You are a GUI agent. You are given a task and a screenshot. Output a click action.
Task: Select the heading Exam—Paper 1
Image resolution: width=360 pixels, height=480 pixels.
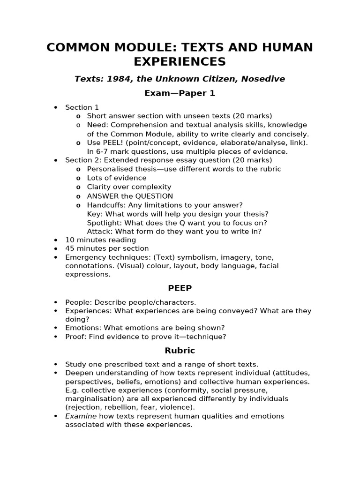[180, 93]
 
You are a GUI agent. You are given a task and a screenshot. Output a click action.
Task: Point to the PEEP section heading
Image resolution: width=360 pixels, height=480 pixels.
[180, 288]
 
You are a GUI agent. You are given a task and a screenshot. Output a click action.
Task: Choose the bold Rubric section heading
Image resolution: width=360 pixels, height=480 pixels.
[180, 351]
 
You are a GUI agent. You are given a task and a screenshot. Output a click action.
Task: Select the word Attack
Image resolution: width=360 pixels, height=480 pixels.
[98, 232]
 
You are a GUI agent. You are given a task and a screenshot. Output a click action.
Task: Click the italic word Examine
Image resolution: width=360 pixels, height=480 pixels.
[81, 416]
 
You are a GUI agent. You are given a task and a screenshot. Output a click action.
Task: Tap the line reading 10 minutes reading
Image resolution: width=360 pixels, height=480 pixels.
[100, 240]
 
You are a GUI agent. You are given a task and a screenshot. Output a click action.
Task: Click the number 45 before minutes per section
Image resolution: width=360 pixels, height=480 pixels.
[69, 248]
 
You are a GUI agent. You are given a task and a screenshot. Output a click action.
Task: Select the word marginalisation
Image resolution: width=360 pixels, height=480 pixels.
[92, 399]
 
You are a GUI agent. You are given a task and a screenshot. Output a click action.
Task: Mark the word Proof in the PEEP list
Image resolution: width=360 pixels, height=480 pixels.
[75, 337]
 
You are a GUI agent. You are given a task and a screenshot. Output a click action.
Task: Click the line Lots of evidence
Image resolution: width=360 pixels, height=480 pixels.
[117, 178]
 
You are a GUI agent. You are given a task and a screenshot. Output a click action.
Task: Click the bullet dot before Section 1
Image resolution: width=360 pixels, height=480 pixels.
[56, 107]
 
